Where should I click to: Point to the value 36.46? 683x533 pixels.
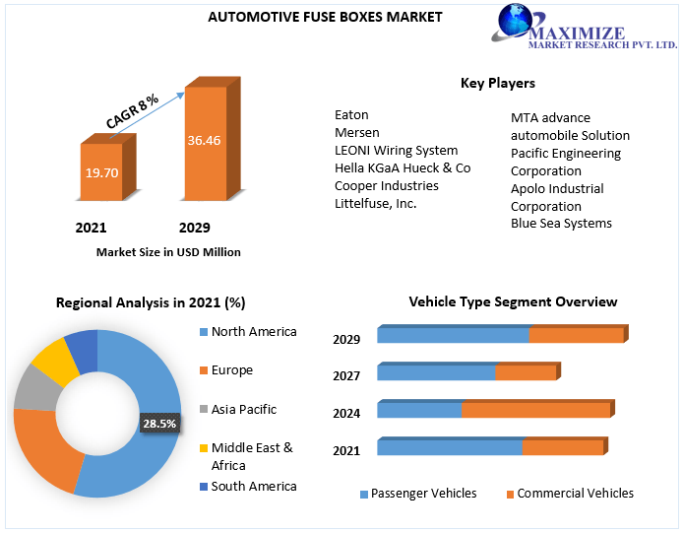pyautogui.click(x=204, y=141)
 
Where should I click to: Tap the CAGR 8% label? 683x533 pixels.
pyautogui.click(x=133, y=111)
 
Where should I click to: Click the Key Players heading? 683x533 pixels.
pyautogui.click(x=498, y=83)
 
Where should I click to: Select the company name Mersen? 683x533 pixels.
pyautogui.click(x=356, y=132)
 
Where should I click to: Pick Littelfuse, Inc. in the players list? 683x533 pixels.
pyautogui.click(x=375, y=203)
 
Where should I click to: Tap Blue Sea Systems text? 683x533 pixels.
pyautogui.click(x=561, y=223)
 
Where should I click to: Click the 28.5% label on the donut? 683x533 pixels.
pyautogui.click(x=159, y=424)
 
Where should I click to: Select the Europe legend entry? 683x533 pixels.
pyautogui.click(x=231, y=370)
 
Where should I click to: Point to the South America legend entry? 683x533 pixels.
pyautogui.click(x=253, y=486)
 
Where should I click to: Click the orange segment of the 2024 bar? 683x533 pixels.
pyautogui.click(x=536, y=410)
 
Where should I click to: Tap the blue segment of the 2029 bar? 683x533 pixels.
pyautogui.click(x=453, y=335)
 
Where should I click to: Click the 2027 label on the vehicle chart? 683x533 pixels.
pyautogui.click(x=346, y=375)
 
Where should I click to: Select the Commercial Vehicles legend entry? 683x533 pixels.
pyautogui.click(x=575, y=494)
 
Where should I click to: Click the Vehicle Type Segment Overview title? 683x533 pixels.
pyautogui.click(x=513, y=301)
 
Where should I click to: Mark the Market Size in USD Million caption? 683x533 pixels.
pyautogui.click(x=168, y=252)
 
